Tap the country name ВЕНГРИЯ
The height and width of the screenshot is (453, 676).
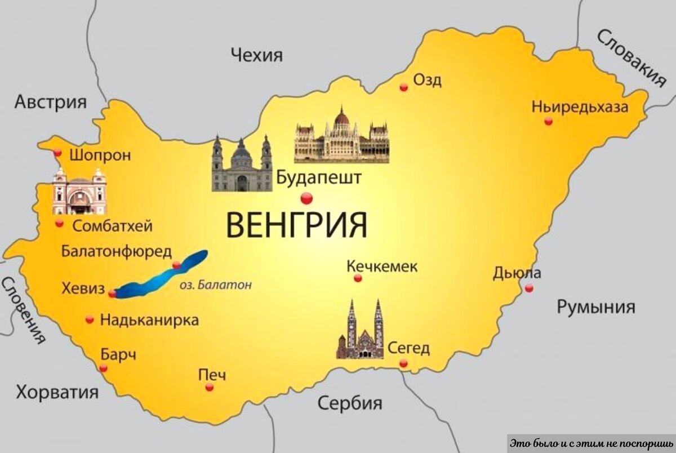pyautogui.click(x=296, y=224)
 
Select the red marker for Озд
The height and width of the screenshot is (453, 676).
pyautogui.click(x=403, y=87)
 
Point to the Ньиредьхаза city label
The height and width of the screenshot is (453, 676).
pyautogui.click(x=580, y=108)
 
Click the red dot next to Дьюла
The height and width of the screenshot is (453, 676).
pyautogui.click(x=528, y=288)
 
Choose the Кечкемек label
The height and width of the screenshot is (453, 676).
pyautogui.click(x=383, y=266)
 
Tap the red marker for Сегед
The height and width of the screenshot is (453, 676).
pyautogui.click(x=403, y=363)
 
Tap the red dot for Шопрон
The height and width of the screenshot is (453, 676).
pyautogui.click(x=57, y=153)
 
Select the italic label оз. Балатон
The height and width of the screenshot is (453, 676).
pyautogui.click(x=215, y=285)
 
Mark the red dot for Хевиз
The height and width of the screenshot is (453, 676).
pyautogui.click(x=113, y=293)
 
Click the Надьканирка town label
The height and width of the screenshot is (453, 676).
pyautogui.click(x=149, y=321)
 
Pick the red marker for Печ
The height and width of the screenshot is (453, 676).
pyautogui.click(x=210, y=387)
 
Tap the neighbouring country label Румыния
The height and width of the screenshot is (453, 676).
pyautogui.click(x=596, y=307)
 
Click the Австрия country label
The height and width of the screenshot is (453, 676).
pyautogui.click(x=51, y=102)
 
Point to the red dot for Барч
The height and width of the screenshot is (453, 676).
pyautogui.click(x=103, y=368)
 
